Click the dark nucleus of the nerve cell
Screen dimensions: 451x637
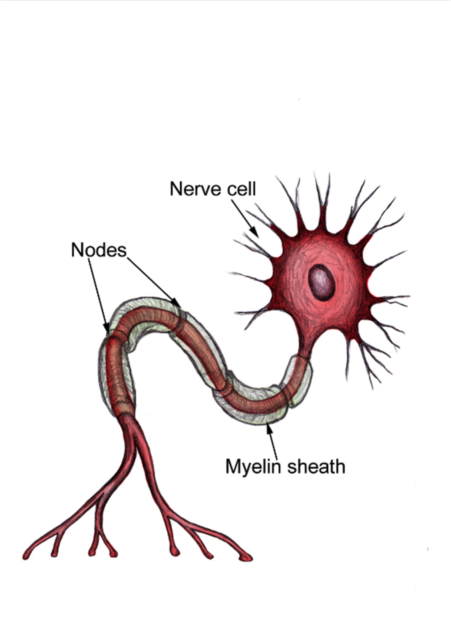click(322, 281)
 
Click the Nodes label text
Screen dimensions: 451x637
click(98, 250)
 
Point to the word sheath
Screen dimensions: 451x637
click(316, 466)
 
